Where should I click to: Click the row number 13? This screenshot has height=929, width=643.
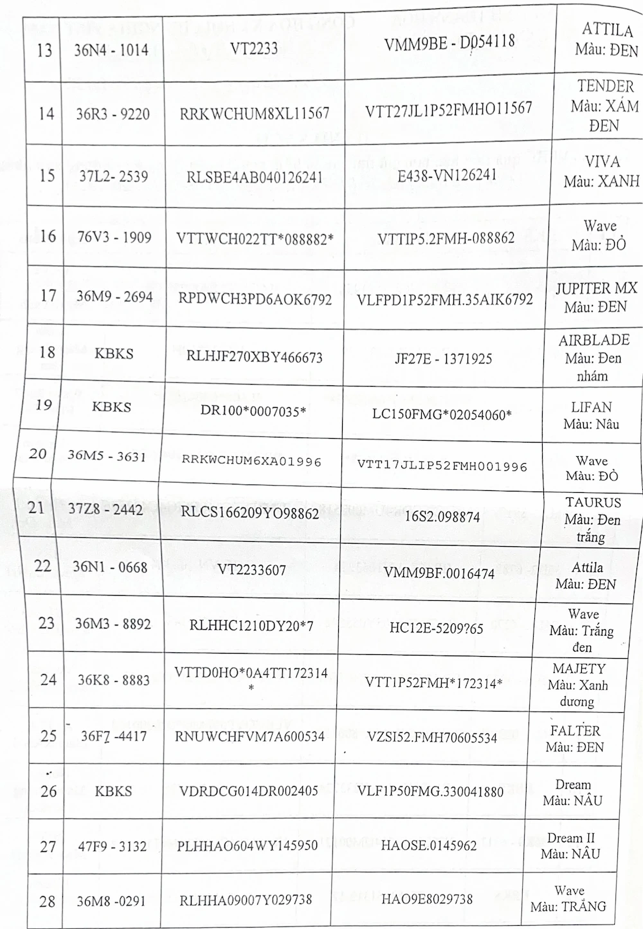click(x=44, y=50)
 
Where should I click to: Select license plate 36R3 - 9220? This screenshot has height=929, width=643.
click(x=113, y=115)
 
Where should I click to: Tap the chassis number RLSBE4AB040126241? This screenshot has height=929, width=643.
click(x=255, y=176)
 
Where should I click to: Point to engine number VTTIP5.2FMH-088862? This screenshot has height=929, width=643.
click(x=446, y=237)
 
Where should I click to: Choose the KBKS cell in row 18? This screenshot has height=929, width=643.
click(x=113, y=353)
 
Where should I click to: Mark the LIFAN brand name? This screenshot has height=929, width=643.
click(x=592, y=407)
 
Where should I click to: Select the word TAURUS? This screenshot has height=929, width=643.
click(x=593, y=502)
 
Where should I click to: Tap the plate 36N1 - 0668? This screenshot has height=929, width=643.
click(x=110, y=567)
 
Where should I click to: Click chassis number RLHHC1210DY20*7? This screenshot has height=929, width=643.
click(x=251, y=625)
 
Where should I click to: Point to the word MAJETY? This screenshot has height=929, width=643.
click(x=579, y=668)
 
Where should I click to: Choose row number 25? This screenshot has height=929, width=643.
click(x=49, y=735)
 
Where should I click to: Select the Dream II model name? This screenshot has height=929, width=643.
click(x=571, y=838)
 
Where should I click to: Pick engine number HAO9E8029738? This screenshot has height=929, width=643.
click(x=427, y=899)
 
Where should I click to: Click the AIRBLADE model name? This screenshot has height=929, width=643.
click(x=593, y=340)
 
